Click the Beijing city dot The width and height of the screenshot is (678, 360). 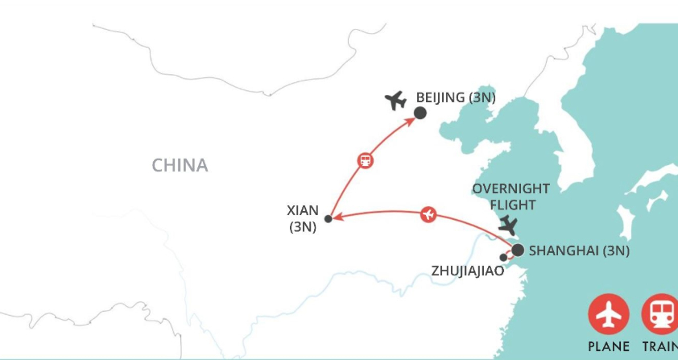(x=420, y=113)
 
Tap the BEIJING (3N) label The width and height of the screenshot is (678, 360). (x=455, y=97)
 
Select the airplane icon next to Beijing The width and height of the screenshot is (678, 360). (x=395, y=101)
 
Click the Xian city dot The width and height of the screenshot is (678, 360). (x=328, y=218)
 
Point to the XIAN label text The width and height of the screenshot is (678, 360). (x=303, y=211)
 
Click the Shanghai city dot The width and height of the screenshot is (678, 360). (x=518, y=250)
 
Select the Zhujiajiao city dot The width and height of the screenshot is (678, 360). (x=504, y=258)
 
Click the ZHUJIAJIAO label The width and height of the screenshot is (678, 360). (x=468, y=271)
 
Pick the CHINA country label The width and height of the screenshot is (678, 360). (x=180, y=165)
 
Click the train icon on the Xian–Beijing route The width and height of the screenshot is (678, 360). (x=365, y=160)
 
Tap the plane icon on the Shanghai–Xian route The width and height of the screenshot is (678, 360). (x=429, y=214)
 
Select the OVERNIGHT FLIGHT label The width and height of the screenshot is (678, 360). (x=511, y=197)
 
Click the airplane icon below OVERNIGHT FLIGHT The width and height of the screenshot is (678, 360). (x=508, y=225)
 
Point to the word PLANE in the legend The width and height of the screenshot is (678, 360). (x=608, y=347)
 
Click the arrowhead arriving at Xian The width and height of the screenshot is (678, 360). (x=336, y=217)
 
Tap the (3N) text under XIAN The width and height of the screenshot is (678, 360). (x=303, y=227)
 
